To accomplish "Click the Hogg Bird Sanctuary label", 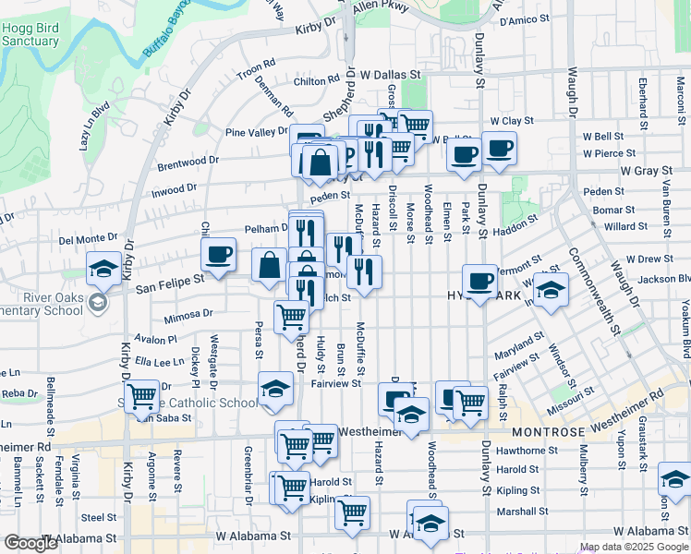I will pyautogui.click(x=30, y=35).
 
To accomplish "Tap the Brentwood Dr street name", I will pyautogui.click(x=188, y=160).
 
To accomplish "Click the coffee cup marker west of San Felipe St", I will pyautogui.click(x=219, y=254).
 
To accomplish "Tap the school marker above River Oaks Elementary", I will pyautogui.click(x=103, y=270).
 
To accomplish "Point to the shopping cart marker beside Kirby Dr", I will pyautogui.click(x=142, y=397).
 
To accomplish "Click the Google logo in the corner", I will pyautogui.click(x=30, y=543).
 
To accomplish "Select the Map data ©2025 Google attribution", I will pyautogui.click(x=634, y=548).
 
